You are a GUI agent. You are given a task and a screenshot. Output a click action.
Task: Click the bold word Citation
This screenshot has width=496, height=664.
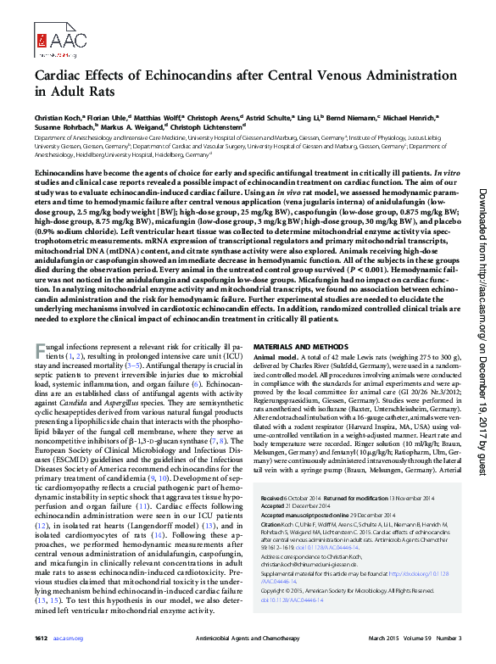270,524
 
